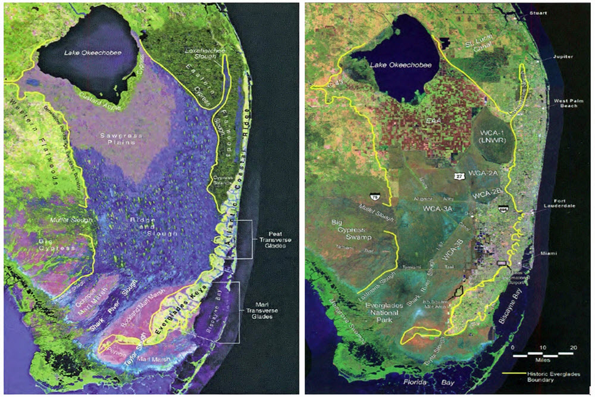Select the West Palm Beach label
[568, 105]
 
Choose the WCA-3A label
[439, 209]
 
